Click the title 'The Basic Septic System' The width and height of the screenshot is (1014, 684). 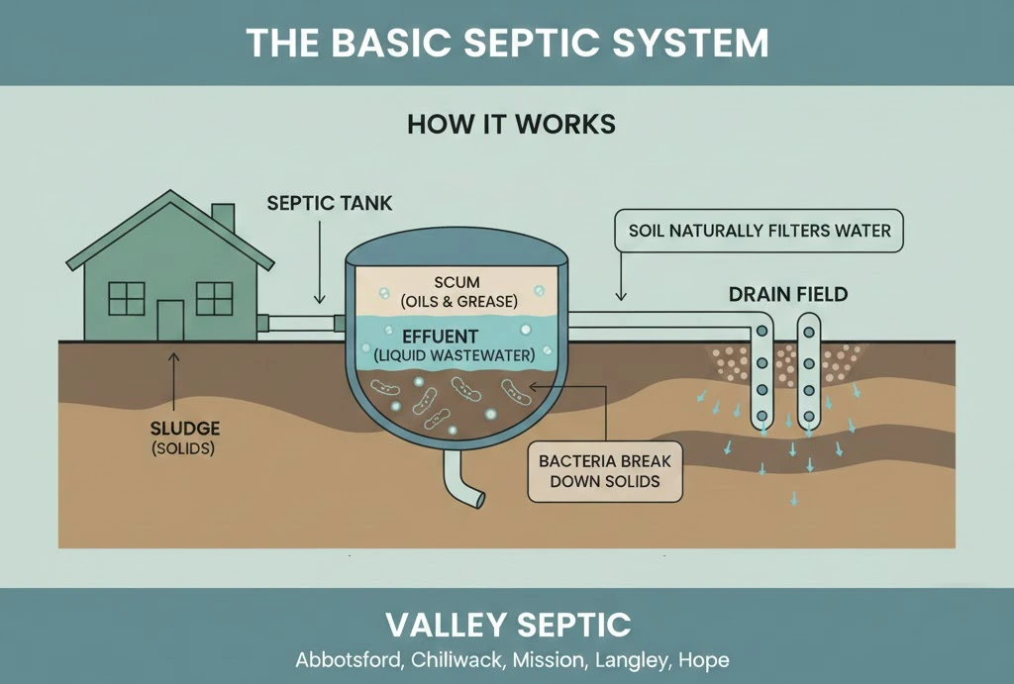506,43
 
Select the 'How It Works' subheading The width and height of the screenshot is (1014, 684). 511,124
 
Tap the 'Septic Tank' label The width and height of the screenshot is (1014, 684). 330,204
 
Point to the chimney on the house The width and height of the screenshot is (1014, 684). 223,217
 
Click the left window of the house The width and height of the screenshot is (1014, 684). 126,298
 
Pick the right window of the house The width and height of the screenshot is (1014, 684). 214,298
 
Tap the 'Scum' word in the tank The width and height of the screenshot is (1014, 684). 456,282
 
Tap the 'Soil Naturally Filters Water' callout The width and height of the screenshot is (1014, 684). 760,232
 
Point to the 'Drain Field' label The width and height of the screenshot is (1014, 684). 788,294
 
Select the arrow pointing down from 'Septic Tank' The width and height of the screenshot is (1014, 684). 319,267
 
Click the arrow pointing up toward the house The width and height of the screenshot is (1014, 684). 174,381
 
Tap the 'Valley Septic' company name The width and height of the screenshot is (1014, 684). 507,625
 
